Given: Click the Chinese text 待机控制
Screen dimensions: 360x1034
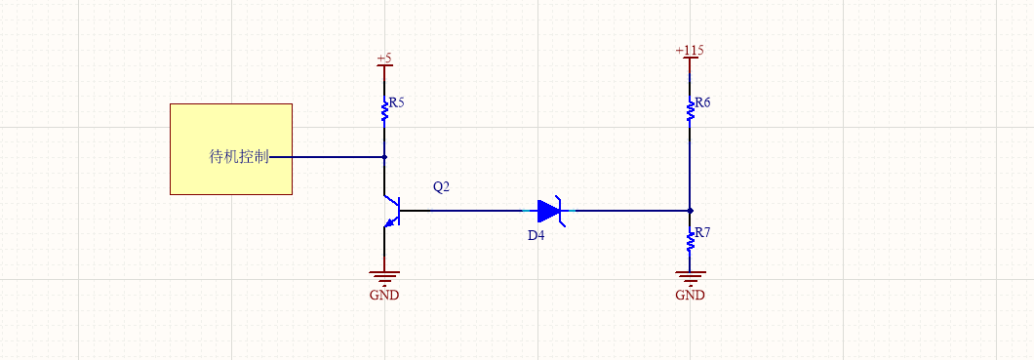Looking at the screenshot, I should coord(239,157).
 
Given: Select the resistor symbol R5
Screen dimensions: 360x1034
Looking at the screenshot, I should coord(384,113).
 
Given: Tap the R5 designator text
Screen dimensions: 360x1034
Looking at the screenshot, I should coord(396,101).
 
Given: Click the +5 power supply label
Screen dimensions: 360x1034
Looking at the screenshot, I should coord(384,58).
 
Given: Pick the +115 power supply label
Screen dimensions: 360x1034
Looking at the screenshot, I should coord(690,51).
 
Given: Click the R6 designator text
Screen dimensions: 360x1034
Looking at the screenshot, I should coord(701,102).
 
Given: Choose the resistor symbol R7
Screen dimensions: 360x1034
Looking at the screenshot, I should coord(690,239).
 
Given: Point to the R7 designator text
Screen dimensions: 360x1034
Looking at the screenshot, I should coord(701,234).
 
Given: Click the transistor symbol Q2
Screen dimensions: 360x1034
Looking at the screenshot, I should coord(391,211).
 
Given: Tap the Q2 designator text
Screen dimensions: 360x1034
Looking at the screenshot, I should coord(441,187).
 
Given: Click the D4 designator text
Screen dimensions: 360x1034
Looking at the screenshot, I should coord(537,236).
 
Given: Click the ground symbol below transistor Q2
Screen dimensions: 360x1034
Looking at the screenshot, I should coord(384,277).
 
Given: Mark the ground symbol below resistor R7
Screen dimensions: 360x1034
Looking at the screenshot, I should coord(690,277).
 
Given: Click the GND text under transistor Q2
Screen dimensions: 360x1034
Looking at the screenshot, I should coord(384,296).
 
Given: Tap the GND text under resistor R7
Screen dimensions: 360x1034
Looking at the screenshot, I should coord(690,296).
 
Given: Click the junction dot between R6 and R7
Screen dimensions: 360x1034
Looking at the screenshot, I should coord(690,210).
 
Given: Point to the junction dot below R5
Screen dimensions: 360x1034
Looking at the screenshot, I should coord(384,156).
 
